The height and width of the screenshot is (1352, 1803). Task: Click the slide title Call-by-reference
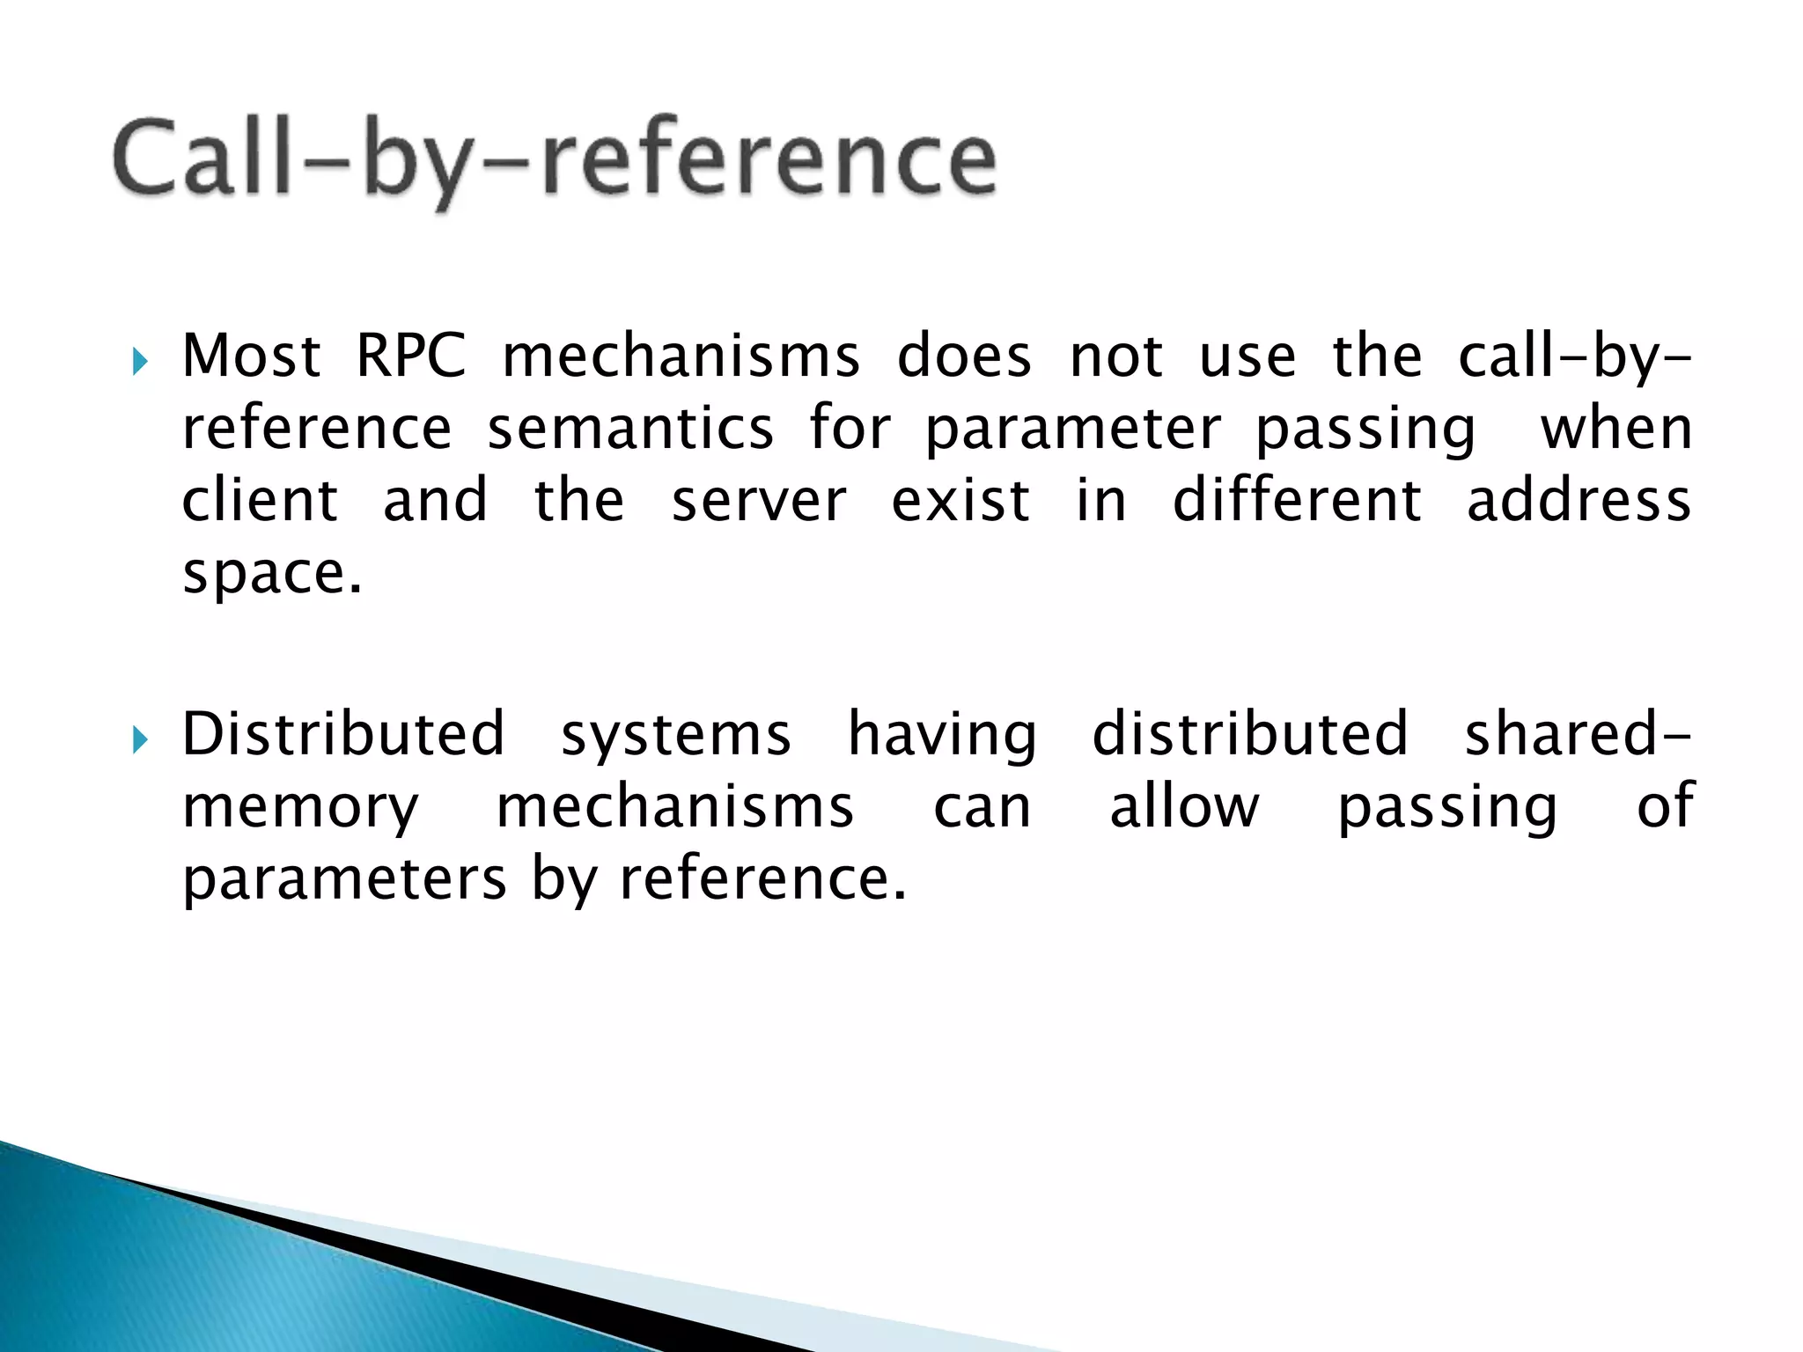[555, 158]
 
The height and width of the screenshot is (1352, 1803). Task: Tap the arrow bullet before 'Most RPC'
[140, 361]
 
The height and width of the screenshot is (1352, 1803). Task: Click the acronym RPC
[410, 356]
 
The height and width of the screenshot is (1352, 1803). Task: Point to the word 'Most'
[251, 356]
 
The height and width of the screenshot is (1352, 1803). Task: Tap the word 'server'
[758, 502]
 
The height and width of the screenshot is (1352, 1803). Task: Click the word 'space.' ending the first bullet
[272, 574]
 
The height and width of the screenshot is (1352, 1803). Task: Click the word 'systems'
[676, 736]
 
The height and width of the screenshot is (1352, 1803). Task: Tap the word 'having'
[942, 736]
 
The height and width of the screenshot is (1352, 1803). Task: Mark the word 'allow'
[1184, 806]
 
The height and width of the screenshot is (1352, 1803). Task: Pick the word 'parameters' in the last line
[344, 880]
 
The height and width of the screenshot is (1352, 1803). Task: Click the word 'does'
[964, 356]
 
